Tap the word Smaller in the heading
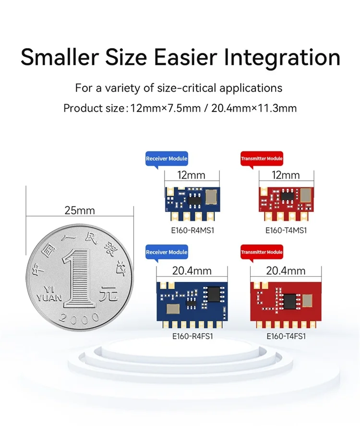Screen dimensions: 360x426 pos(60,57)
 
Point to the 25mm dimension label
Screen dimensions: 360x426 pos(80,210)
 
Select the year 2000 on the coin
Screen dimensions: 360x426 pos(79,317)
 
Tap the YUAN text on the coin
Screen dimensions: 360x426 pos(49,298)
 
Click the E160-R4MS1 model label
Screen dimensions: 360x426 pos(192,231)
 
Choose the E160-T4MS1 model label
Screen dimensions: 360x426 pos(286,231)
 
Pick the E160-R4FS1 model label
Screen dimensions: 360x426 pos(192,336)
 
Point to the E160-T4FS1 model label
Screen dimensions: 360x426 pos(286,336)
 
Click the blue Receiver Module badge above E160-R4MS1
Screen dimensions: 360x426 pos(167,158)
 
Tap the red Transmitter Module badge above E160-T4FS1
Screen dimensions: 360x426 pos(262,252)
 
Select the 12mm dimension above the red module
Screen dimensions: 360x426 pos(286,175)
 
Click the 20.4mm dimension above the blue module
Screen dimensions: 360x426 pos(192,271)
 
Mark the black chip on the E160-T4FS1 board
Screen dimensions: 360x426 pos(290,301)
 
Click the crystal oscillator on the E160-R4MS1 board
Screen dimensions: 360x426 pos(211,197)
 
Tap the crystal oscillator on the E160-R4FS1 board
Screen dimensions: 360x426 pos(173,308)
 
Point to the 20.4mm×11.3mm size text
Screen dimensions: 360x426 pos(254,109)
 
